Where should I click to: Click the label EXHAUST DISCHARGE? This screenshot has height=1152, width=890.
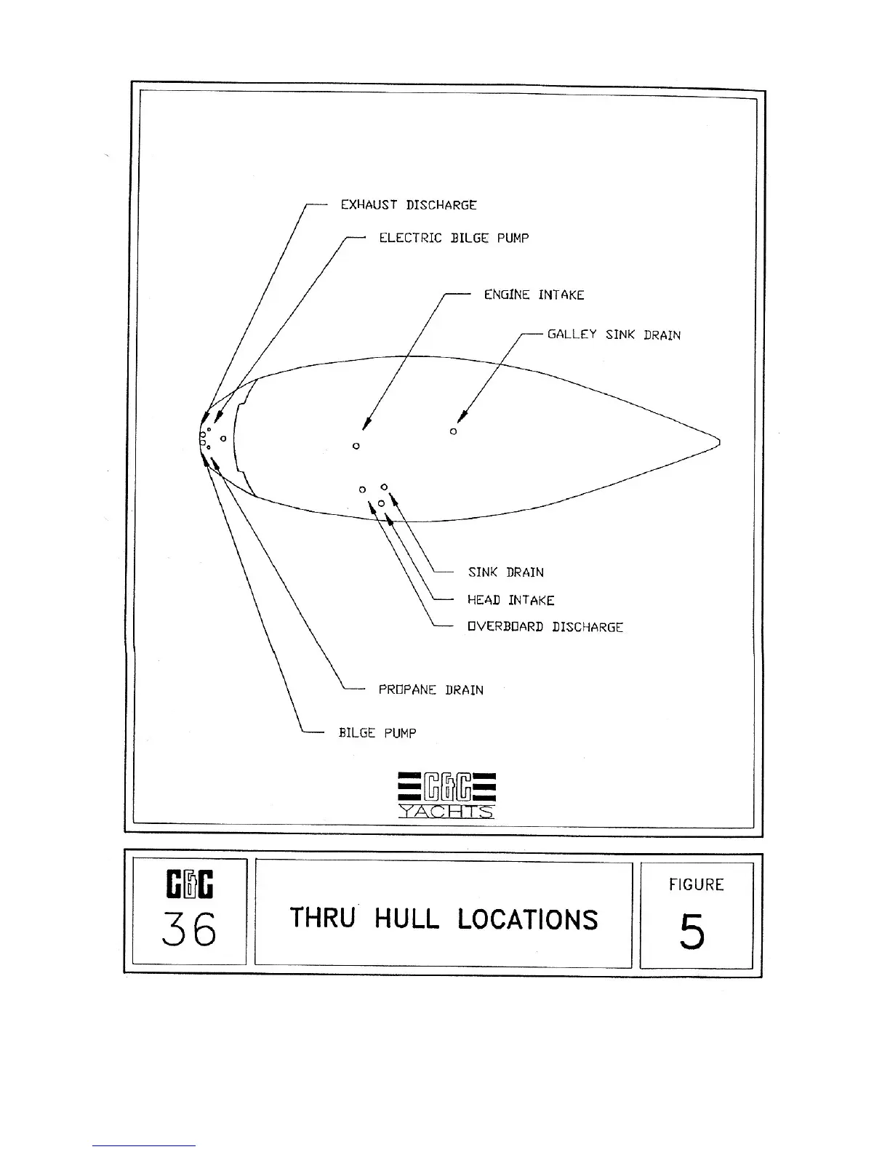(409, 205)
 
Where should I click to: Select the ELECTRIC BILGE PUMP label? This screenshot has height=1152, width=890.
(454, 238)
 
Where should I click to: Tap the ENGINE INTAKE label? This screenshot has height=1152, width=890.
(534, 295)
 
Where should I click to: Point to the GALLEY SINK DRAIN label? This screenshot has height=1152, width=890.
(614, 335)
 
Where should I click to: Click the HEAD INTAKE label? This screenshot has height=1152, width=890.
(510, 600)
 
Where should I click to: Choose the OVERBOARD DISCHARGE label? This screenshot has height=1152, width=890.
(545, 627)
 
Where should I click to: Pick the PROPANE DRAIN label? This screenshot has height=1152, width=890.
(430, 689)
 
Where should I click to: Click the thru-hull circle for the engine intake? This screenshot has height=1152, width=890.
(356, 446)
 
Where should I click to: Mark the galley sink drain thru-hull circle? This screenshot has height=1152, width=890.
(453, 431)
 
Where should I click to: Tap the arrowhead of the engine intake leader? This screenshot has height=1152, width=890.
(366, 424)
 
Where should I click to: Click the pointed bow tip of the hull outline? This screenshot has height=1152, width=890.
(718, 441)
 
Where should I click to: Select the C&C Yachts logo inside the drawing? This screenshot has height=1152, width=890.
(446, 793)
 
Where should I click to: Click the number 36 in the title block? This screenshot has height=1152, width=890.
(189, 929)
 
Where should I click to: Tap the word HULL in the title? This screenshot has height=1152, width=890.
(406, 919)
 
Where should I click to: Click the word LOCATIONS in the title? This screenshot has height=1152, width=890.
(528, 919)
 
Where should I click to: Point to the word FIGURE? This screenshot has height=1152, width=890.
(696, 884)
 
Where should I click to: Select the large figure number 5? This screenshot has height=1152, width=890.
(692, 932)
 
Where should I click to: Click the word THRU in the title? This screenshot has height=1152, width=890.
(322, 918)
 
